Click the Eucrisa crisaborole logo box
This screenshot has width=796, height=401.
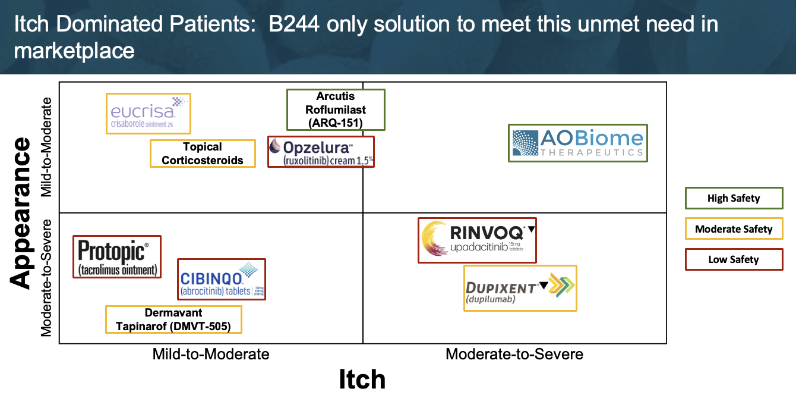click(x=149, y=114)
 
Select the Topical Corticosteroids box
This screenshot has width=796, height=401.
click(x=203, y=153)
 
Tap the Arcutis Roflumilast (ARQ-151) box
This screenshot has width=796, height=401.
click(x=336, y=109)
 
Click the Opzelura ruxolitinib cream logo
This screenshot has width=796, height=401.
click(x=321, y=152)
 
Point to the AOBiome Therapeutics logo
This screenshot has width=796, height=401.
click(x=578, y=143)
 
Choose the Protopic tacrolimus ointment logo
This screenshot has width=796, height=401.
click(x=117, y=257)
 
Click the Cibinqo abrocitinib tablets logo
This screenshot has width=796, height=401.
click(x=222, y=279)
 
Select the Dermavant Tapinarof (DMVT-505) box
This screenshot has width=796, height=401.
click(x=173, y=319)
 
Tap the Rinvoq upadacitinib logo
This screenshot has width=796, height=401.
click(x=477, y=240)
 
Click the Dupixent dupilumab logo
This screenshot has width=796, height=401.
click(x=520, y=288)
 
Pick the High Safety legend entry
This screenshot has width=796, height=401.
click(x=734, y=198)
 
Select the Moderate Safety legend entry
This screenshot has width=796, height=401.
click(x=734, y=229)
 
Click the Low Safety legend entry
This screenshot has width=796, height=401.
click(x=734, y=259)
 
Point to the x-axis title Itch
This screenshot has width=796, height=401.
click(x=362, y=380)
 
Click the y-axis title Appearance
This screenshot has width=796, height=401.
click(x=21, y=213)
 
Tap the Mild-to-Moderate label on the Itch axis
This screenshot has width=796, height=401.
click(x=211, y=355)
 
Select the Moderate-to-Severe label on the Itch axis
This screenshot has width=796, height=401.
click(x=514, y=355)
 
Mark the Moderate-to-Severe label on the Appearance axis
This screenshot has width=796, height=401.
click(x=47, y=278)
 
